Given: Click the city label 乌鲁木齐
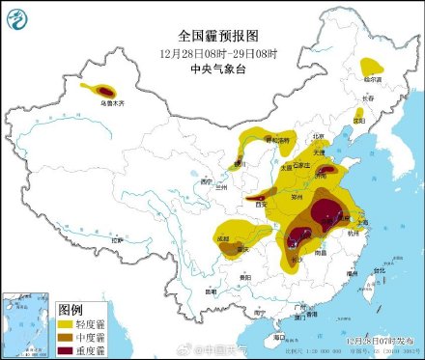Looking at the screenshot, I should (x=111, y=90).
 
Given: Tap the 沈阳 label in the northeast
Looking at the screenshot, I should (x=358, y=123).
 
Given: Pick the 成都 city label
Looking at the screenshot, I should (x=222, y=236).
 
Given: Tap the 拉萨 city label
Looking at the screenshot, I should (x=117, y=239).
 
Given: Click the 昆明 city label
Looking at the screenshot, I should (x=211, y=291).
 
